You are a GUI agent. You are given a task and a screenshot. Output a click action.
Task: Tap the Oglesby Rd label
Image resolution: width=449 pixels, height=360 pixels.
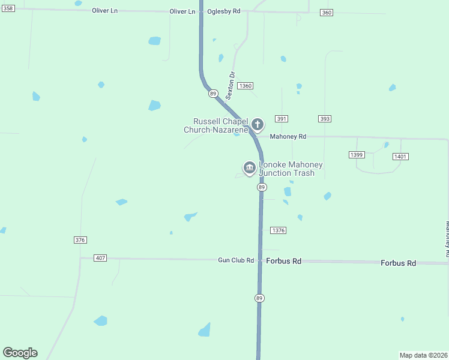(223, 11)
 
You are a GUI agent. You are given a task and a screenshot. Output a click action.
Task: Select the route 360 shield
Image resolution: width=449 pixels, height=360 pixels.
(326, 13)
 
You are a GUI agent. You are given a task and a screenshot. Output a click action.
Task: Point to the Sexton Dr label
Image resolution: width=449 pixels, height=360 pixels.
(231, 85)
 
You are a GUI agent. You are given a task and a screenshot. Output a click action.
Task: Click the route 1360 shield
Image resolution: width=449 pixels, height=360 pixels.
(245, 86)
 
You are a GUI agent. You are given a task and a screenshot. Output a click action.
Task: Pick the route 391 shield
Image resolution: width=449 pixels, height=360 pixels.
(282, 119)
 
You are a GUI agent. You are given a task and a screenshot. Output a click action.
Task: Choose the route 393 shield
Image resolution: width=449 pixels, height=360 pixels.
(325, 119)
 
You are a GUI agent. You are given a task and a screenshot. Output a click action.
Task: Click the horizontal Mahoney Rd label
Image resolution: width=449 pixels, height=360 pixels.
(288, 137)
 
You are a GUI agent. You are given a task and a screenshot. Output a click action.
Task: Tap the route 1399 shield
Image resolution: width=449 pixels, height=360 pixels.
(356, 155)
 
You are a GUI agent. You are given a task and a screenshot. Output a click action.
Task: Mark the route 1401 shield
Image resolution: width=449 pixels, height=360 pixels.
(400, 157)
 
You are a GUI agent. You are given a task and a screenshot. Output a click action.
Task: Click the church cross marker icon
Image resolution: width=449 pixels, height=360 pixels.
(258, 125)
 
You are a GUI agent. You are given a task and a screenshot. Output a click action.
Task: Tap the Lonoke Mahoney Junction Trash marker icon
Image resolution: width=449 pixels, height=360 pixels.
(249, 166)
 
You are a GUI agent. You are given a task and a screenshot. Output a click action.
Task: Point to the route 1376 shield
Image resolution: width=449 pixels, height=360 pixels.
(278, 230)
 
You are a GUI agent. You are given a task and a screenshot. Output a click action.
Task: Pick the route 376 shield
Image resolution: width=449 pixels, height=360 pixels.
(80, 240)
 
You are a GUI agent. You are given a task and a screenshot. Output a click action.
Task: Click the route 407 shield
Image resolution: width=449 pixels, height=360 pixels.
(100, 258)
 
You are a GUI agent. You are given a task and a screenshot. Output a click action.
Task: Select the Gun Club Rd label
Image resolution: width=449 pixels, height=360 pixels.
(236, 260)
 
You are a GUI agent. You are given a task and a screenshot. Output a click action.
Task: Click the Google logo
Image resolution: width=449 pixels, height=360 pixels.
(20, 353)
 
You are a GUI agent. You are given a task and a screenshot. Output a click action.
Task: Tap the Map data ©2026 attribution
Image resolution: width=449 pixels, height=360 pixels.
(423, 355)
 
